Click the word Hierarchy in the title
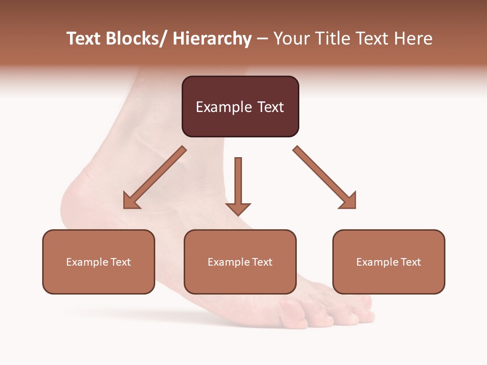212,39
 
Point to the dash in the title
262,39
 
